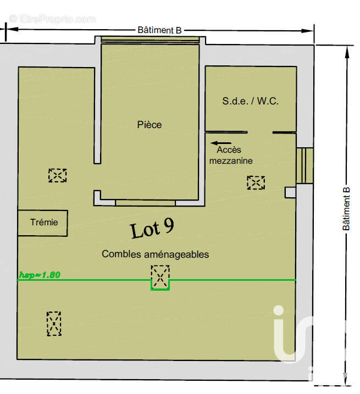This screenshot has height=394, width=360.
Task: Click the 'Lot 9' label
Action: click(x=152, y=229)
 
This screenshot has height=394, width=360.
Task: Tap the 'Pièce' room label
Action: click(x=149, y=125)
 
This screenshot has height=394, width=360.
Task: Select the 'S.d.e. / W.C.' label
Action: click(x=251, y=101)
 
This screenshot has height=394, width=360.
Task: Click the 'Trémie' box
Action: click(x=43, y=223)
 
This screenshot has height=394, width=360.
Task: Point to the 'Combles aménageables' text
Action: click(x=155, y=254)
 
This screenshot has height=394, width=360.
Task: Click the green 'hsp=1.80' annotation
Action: click(x=39, y=275)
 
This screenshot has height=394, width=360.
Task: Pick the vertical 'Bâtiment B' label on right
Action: click(x=346, y=209)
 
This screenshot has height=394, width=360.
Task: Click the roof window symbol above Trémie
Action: click(x=57, y=175)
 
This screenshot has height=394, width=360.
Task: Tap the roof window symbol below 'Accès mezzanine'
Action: click(x=256, y=182)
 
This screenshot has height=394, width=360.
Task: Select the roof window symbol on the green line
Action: click(x=160, y=276)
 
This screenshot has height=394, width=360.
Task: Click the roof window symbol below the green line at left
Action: click(x=54, y=324)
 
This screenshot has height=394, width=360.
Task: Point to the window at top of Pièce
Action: click(x=150, y=40)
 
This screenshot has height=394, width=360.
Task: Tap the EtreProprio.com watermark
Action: click(x=52, y=19)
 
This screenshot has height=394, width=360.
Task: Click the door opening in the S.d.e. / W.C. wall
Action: click(x=260, y=132)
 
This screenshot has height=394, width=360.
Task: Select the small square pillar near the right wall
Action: click(x=290, y=192)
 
